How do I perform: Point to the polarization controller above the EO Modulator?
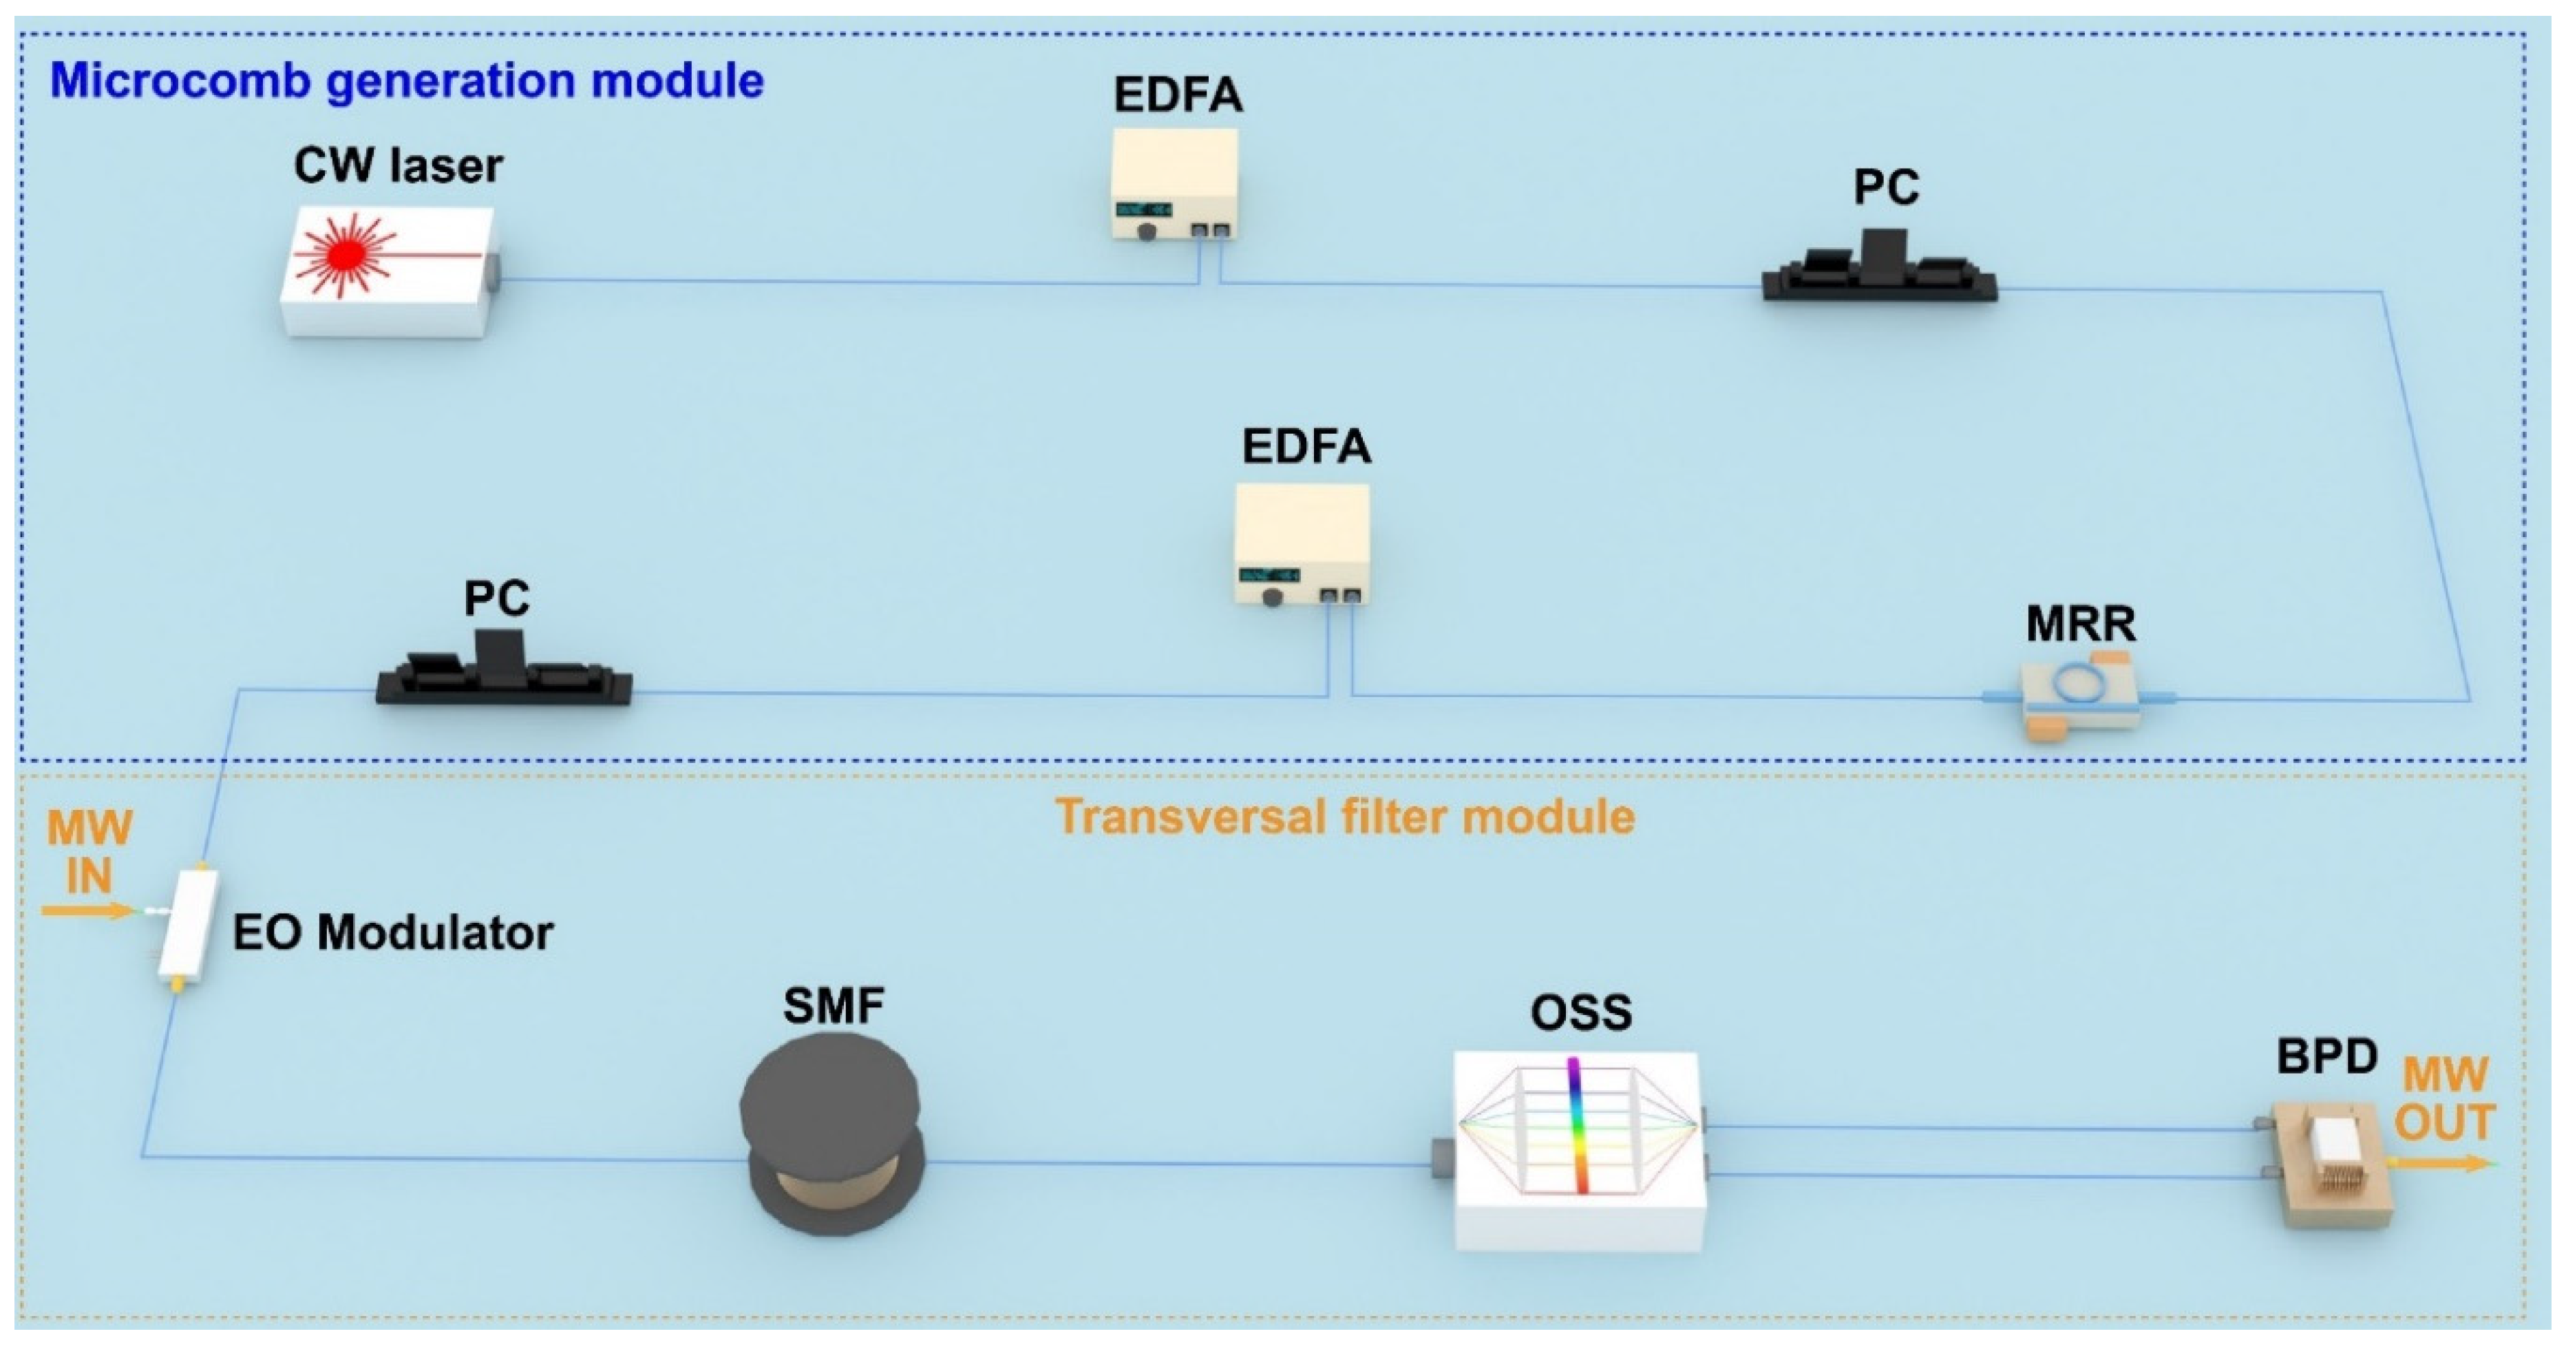pyautogui.click(x=503, y=673)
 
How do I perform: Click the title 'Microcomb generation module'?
pyautogui.click(x=406, y=81)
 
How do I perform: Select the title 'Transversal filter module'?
pyautogui.click(x=1345, y=817)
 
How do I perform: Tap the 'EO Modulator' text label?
pyautogui.click(x=392, y=934)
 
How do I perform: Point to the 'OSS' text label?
pyautogui.click(x=1581, y=1013)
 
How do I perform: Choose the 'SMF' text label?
pyautogui.click(x=833, y=1005)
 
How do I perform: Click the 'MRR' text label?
pyautogui.click(x=2080, y=625)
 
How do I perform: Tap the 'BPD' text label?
pyautogui.click(x=2327, y=1056)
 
